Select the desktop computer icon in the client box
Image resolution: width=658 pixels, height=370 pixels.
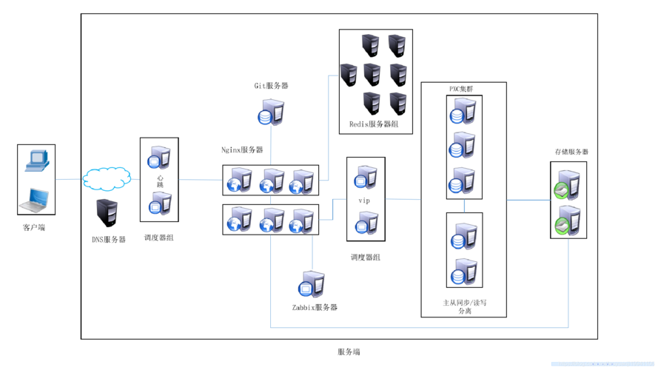coord(36,160)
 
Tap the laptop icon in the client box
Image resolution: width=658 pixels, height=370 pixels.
coord(37,199)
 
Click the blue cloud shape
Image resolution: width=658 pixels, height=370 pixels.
coord(107,178)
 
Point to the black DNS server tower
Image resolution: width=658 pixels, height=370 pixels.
coord(106,213)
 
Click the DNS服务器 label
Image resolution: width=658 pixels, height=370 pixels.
coord(108,240)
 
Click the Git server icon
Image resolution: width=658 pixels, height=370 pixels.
coord(270,112)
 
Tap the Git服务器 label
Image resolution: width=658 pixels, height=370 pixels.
coord(271,86)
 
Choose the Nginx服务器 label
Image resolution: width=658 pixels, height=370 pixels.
coord(242,149)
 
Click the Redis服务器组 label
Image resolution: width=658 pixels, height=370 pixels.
coord(374,124)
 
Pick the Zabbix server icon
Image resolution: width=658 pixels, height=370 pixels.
coord(312,284)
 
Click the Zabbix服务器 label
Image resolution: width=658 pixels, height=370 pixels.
coord(315,307)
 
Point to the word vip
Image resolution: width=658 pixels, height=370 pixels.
coord(364,201)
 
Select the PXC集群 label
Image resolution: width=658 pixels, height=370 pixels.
coord(461,89)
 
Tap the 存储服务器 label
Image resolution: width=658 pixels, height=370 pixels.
coord(571,152)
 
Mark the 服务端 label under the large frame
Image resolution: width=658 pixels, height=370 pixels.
coord(348,352)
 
